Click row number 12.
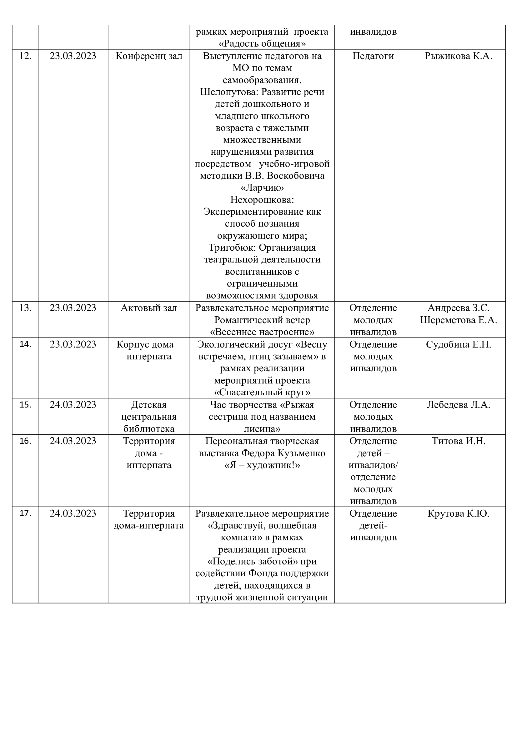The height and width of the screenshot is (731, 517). [x=25, y=56]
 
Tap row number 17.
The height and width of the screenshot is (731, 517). [x=25, y=513]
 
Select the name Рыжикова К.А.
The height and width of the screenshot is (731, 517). [x=459, y=56]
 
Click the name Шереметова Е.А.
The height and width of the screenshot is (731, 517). [x=459, y=320]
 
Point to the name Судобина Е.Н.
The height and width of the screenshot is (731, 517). [x=459, y=344]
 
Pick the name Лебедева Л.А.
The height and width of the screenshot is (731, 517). [x=459, y=405]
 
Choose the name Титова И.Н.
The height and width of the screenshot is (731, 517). [x=459, y=441]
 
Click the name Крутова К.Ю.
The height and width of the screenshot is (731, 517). [x=459, y=513]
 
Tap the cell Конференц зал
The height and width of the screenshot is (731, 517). [x=149, y=56]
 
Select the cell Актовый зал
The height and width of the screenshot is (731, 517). [x=149, y=308]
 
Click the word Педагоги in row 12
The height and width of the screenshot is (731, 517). [x=373, y=56]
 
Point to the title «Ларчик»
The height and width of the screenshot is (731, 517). [x=262, y=188]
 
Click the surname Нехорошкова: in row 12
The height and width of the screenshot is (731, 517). [x=262, y=200]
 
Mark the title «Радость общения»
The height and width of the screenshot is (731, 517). [x=262, y=44]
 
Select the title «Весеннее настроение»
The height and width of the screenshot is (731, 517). [x=262, y=332]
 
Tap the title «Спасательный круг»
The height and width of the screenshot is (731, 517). [x=262, y=392]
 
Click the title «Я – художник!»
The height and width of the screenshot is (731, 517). [x=262, y=465]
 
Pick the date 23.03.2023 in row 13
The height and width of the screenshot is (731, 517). [x=73, y=308]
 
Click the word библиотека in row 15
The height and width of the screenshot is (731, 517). [x=149, y=429]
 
